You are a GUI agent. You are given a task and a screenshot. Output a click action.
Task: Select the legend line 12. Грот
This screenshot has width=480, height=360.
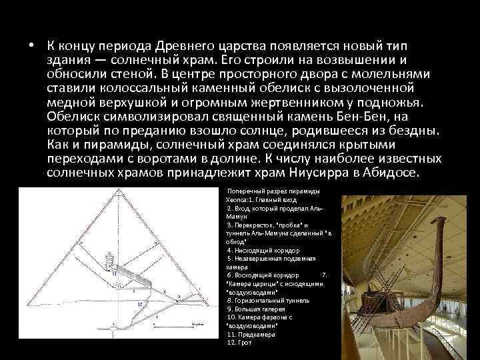pyautogui.click(x=239, y=342)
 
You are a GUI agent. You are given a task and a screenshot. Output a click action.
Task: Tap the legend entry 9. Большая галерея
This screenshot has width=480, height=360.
pyautogui.click(x=256, y=309)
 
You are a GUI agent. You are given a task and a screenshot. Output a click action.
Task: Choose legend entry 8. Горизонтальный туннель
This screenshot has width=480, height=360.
pyautogui.click(x=265, y=301)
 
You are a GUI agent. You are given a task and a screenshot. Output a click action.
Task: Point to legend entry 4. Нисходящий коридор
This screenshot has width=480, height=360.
pyautogui.click(x=261, y=249)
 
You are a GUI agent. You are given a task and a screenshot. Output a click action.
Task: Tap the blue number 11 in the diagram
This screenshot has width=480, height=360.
pyautogui.click(x=114, y=273)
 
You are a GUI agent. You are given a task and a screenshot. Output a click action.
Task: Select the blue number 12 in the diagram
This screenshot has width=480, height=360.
pyautogui.click(x=139, y=303)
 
